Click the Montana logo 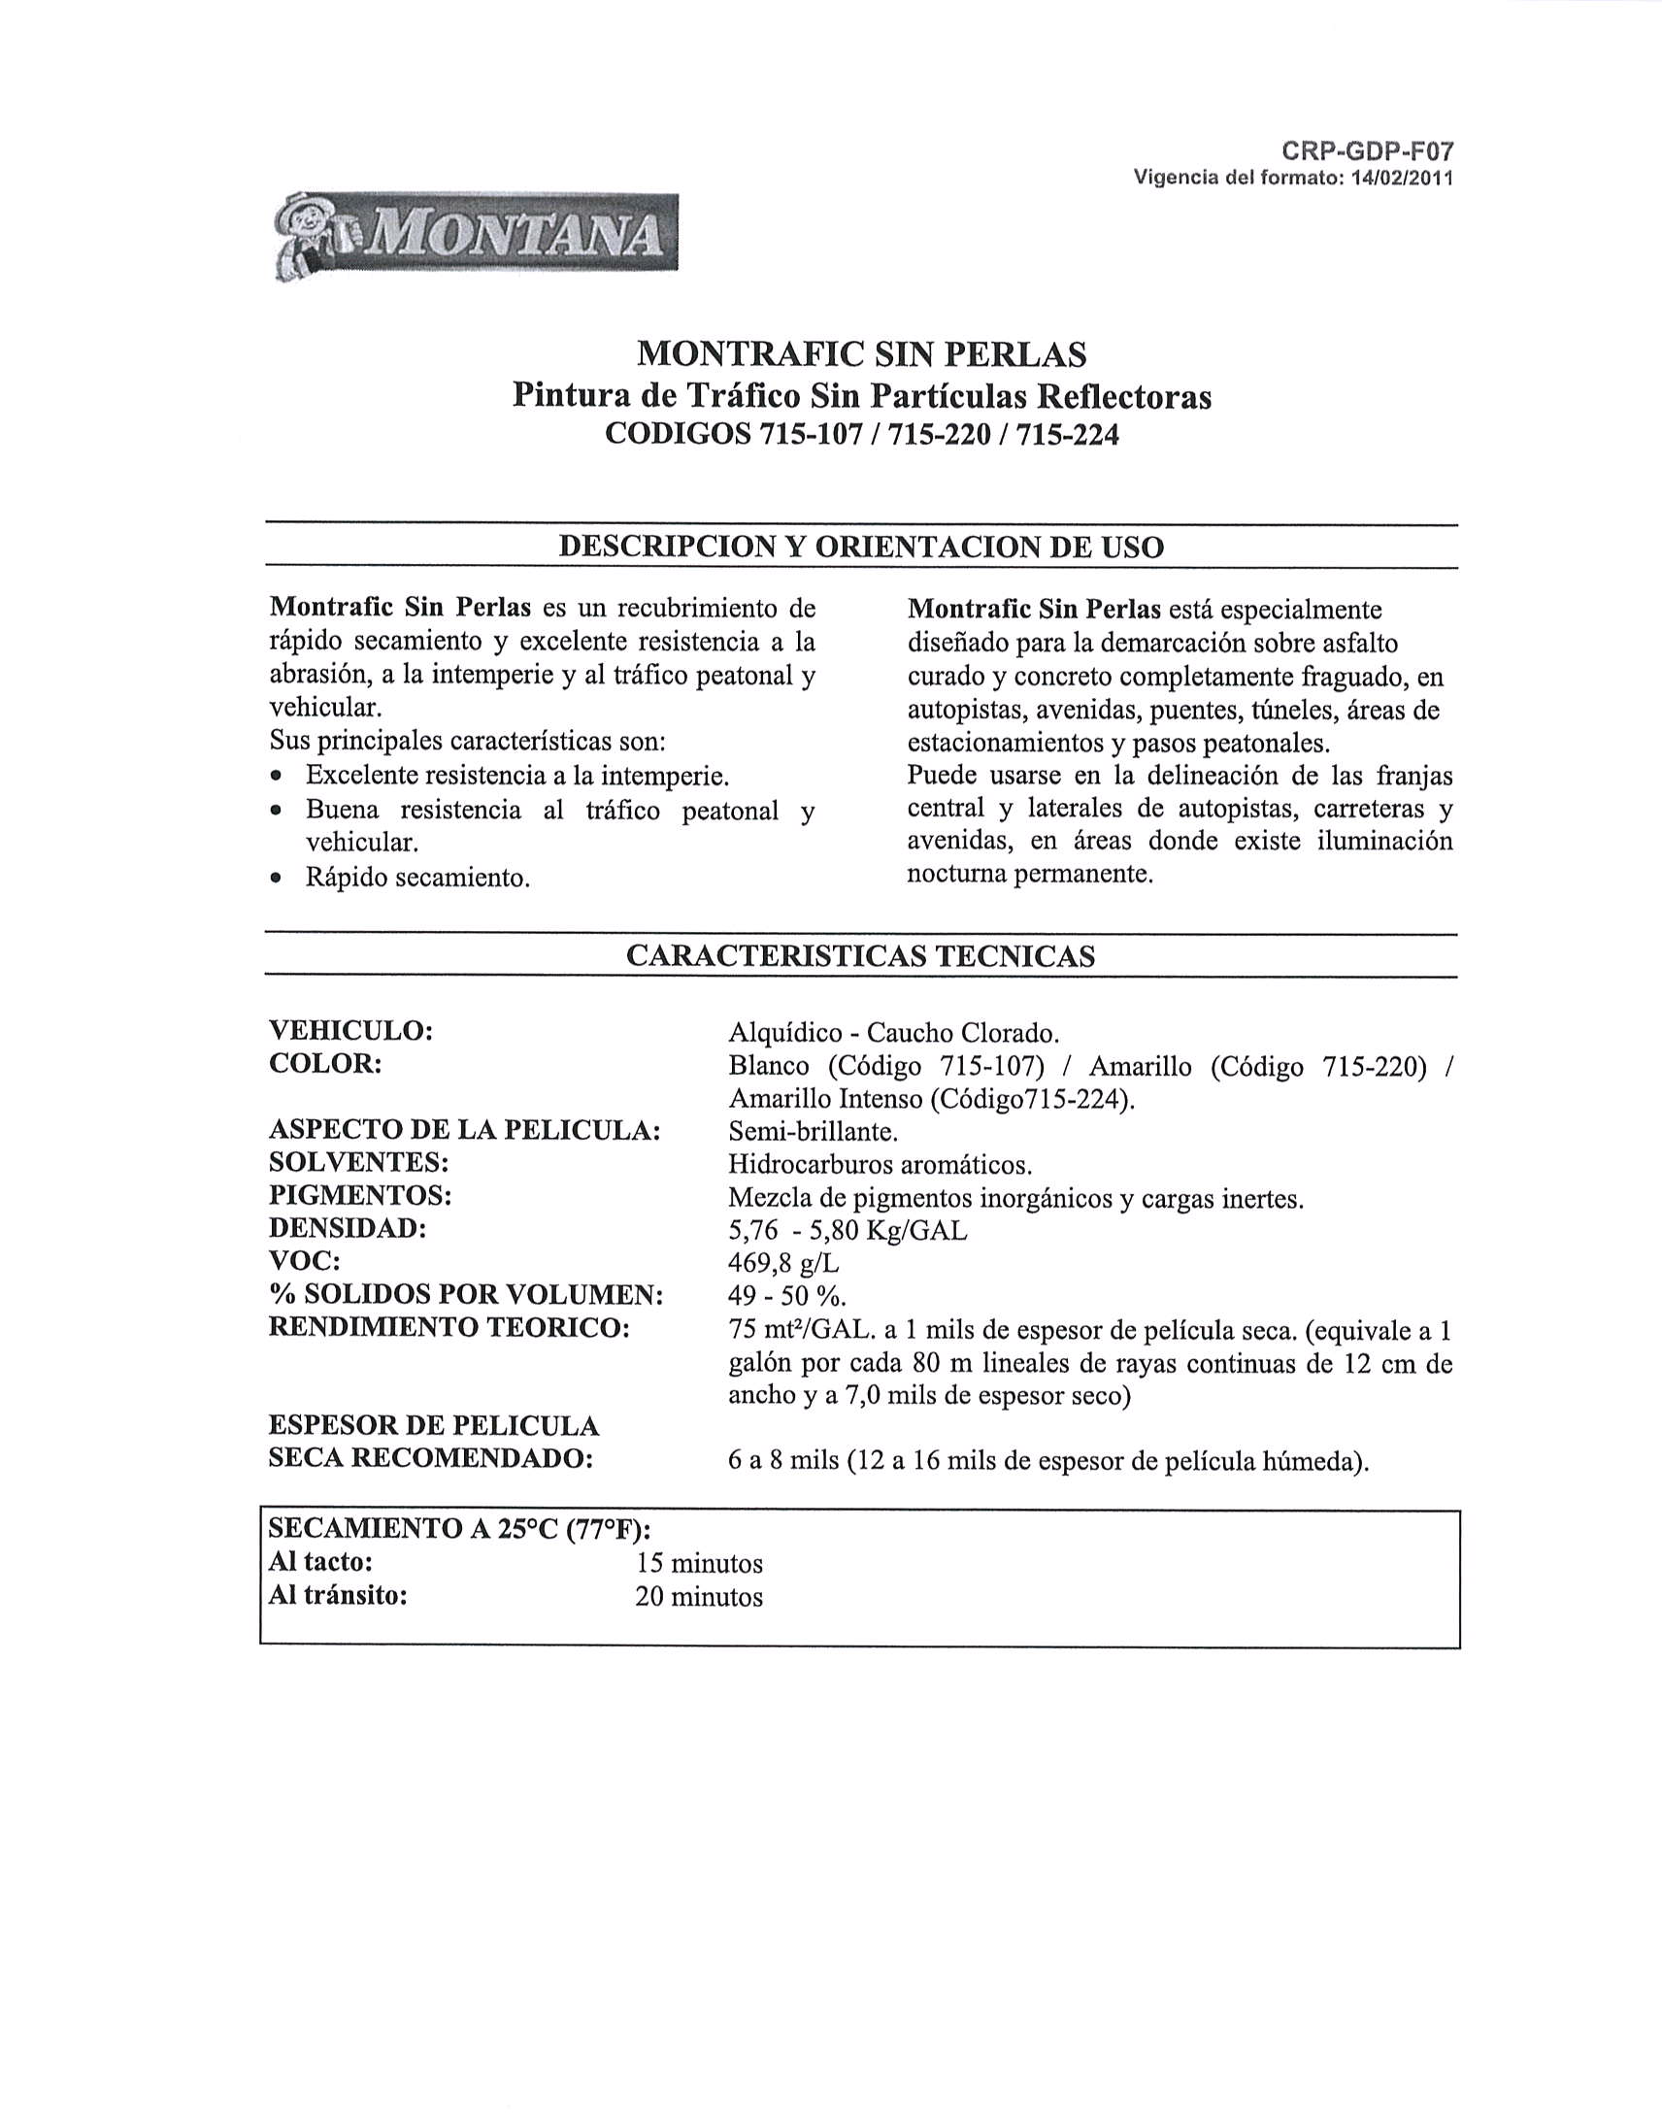(475, 236)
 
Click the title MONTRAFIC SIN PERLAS (861, 353)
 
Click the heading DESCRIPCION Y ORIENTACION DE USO (861, 547)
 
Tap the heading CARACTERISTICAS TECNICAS (861, 956)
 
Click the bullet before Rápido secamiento (279, 878)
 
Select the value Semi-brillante (813, 1131)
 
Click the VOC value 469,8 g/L (783, 1264)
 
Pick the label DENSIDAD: (348, 1228)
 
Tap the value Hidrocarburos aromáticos (880, 1164)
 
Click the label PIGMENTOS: (359, 1194)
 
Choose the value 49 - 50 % (787, 1296)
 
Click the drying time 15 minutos (699, 1564)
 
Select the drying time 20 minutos (699, 1597)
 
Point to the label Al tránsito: (337, 1595)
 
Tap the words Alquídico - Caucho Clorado (893, 1032)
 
